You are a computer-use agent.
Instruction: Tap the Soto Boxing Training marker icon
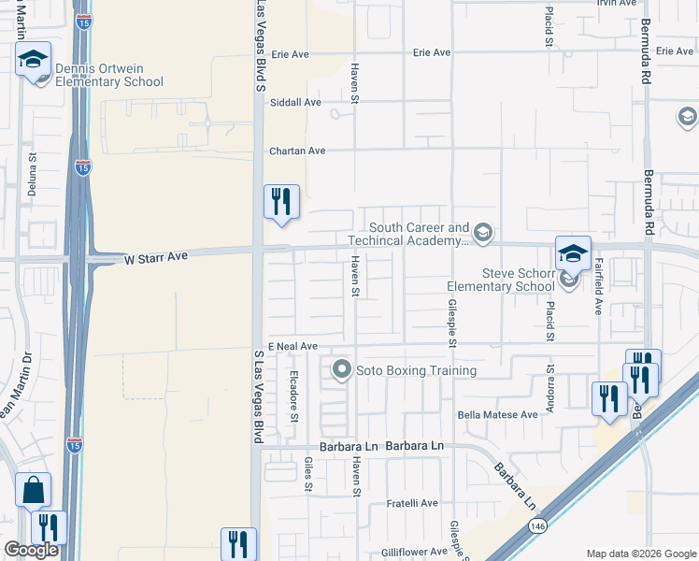click(341, 370)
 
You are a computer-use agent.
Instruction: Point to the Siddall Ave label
click(295, 103)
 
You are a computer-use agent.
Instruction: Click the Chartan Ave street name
click(297, 151)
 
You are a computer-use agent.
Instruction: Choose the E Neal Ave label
click(292, 346)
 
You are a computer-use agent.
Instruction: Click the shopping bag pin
click(33, 489)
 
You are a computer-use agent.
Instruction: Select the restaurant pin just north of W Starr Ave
click(281, 202)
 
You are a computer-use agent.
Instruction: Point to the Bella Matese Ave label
click(498, 414)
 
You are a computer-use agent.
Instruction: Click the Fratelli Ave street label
click(413, 503)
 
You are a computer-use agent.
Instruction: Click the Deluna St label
click(32, 175)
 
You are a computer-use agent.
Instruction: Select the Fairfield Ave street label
click(599, 285)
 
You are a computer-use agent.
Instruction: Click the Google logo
click(31, 550)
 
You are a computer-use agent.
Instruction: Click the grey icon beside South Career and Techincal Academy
click(482, 233)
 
